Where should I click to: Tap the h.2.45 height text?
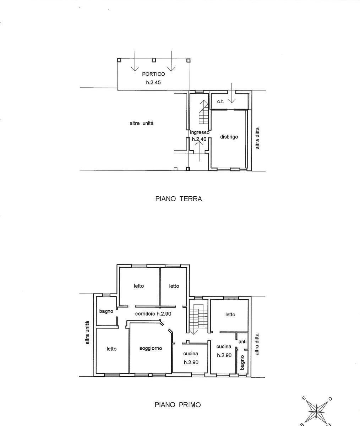point(153,82)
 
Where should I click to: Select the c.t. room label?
point(220,102)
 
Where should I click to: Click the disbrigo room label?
point(229,137)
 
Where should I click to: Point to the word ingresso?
point(200,132)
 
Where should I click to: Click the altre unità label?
point(142,123)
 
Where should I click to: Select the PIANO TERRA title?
point(179,199)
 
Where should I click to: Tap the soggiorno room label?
point(151,349)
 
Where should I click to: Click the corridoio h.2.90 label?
point(153,313)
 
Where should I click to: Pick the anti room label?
point(242,342)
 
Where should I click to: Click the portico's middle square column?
point(154,60)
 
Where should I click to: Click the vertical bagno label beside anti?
point(242,362)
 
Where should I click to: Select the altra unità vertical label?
point(87,333)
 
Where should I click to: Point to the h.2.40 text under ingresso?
point(199,139)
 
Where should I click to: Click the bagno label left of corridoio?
point(106,311)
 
